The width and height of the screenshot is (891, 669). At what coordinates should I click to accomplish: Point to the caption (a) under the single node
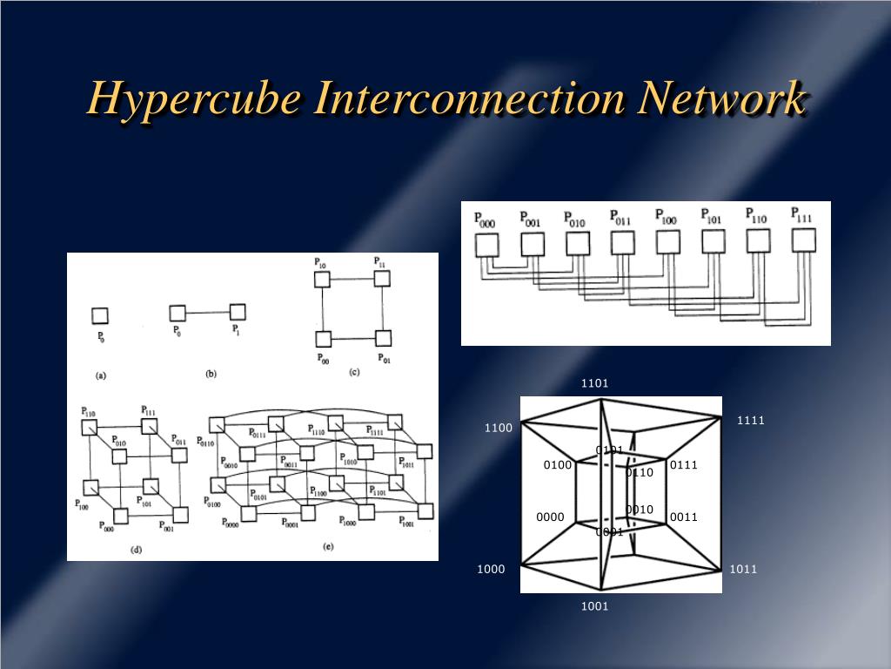click(x=100, y=375)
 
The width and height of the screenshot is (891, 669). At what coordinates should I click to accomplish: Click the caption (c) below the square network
click(x=354, y=372)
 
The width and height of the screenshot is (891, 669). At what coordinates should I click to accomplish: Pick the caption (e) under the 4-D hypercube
click(x=328, y=546)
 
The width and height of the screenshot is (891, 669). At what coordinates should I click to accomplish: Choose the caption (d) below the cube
click(x=137, y=549)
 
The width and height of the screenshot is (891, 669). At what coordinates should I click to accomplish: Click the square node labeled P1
click(x=237, y=312)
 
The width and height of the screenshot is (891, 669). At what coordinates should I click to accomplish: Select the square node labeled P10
click(x=322, y=279)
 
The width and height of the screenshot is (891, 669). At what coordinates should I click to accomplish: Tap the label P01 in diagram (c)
click(x=384, y=359)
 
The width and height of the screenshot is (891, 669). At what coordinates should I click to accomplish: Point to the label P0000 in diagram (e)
click(x=230, y=523)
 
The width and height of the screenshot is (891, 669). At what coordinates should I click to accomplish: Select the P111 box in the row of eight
click(x=805, y=240)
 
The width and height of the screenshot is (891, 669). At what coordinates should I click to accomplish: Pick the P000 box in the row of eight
click(x=485, y=245)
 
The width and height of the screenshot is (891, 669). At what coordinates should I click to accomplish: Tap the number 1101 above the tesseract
click(x=595, y=383)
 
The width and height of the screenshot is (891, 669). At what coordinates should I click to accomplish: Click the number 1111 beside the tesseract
click(x=750, y=420)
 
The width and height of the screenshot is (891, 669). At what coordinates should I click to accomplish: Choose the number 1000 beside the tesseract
click(x=491, y=569)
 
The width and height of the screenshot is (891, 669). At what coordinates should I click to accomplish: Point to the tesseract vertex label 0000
click(x=550, y=517)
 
